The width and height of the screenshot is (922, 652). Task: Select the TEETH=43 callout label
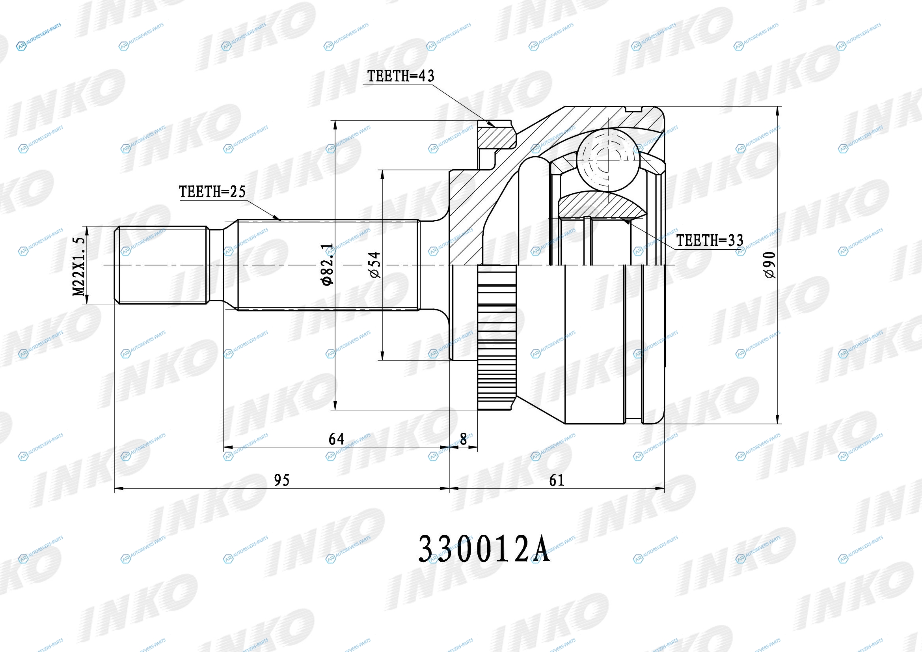401,76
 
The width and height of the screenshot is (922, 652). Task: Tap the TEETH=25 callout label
212,192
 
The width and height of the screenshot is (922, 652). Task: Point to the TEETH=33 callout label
710,240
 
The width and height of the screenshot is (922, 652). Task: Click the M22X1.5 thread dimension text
79,266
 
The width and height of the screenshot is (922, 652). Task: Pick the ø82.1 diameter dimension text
327,264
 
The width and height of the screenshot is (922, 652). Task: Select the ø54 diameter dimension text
374,265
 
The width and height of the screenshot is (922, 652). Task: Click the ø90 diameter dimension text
770,265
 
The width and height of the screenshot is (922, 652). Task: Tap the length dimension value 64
336,439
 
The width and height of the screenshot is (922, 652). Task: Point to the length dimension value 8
464,439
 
